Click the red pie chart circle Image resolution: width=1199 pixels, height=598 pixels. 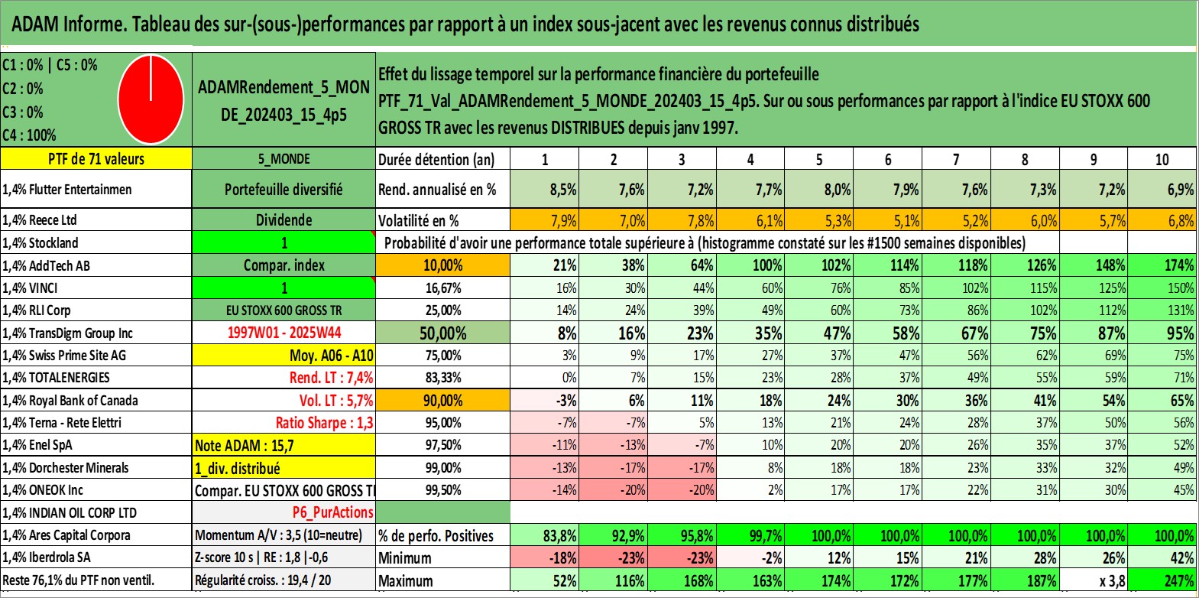pos(151,99)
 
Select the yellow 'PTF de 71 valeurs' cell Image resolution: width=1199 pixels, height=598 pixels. pos(96,159)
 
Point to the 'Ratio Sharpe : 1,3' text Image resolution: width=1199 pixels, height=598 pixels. pos(324,423)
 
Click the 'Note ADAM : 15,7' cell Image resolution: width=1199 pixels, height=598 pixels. pos(284,445)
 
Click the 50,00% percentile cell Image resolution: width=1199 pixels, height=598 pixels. pos(442,333)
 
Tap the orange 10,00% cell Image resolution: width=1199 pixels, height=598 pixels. pos(442,265)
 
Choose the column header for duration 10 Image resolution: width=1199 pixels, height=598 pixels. pos(1162,159)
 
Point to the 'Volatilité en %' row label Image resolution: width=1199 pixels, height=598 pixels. pos(419,221)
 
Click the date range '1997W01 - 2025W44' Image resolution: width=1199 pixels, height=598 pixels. pos(284,333)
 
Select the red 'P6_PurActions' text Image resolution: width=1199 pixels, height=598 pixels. pos(332,512)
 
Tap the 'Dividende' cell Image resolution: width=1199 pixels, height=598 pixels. pos(284,220)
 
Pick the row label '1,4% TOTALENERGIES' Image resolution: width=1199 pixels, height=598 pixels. pos(57,378)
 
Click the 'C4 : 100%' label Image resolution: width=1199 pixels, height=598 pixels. pos(30,135)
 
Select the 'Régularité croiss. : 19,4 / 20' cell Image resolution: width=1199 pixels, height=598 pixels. pos(263,580)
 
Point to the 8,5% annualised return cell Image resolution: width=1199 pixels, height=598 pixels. pos(562,190)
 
